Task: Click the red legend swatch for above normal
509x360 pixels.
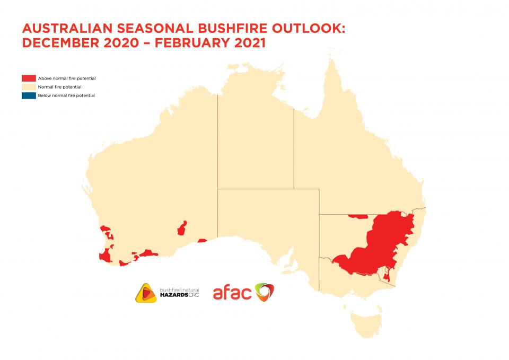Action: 29,78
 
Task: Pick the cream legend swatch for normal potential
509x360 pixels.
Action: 29,87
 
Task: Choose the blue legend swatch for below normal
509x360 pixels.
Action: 29,95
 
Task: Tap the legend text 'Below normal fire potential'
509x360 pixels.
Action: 66,95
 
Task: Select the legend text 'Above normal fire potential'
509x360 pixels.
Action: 67,78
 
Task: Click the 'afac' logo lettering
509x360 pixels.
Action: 232,293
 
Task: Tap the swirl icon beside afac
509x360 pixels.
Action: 265,292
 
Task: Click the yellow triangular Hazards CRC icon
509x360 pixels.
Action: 146,293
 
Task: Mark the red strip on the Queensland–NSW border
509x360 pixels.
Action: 358,216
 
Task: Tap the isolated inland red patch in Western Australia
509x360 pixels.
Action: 183,229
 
